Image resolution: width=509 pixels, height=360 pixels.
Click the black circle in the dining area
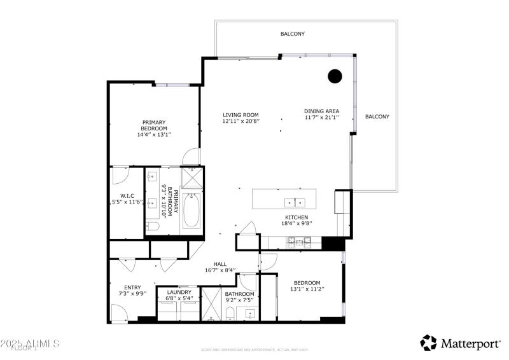pos(335,76)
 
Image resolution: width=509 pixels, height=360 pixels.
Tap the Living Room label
pos(241,115)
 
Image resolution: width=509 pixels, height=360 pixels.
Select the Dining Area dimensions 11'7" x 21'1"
pos(321,118)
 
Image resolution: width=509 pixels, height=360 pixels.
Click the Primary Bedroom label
pos(154,123)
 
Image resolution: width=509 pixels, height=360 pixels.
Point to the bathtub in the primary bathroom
pos(192,211)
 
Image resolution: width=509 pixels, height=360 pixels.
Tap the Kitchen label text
pos(296,217)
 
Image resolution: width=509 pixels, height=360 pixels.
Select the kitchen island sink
pos(295,203)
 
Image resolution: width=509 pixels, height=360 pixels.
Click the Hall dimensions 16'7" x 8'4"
pos(220,270)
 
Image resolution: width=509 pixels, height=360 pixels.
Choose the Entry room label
pos(132,287)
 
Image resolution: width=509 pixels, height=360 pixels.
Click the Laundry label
pos(179,293)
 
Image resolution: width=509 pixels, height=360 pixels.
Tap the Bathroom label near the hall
pos(239,294)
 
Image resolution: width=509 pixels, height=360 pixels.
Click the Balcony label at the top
pos(293,34)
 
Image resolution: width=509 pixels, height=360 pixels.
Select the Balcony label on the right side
pos(377,116)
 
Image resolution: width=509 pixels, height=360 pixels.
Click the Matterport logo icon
pos(429,343)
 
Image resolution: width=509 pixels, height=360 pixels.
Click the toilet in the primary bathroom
pos(152,226)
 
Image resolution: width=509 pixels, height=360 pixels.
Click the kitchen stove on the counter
pos(298,242)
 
